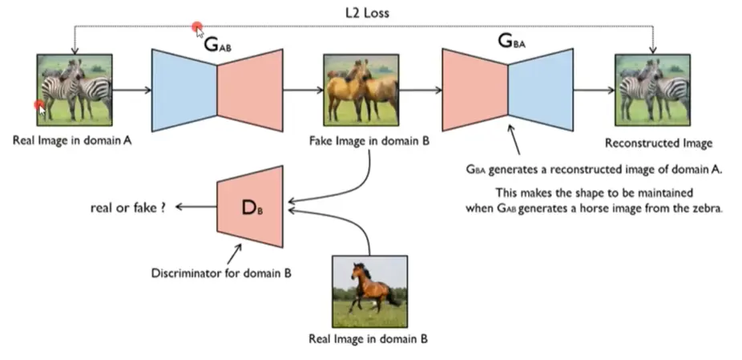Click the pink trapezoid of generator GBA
(474, 88)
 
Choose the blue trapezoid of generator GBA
(542, 88)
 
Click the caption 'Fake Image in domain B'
(368, 140)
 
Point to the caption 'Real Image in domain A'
(71, 140)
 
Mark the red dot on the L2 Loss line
(196, 28)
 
